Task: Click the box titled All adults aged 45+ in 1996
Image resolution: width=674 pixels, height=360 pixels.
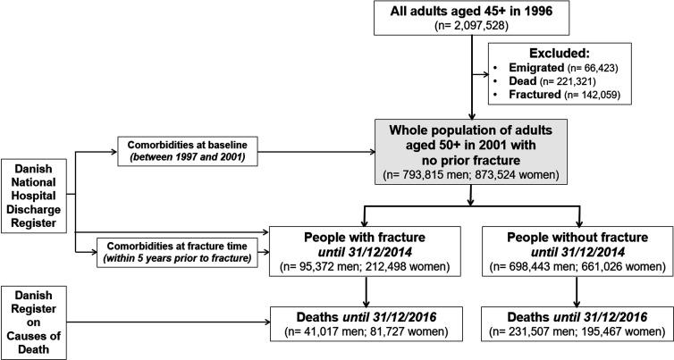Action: pyautogui.click(x=472, y=20)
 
